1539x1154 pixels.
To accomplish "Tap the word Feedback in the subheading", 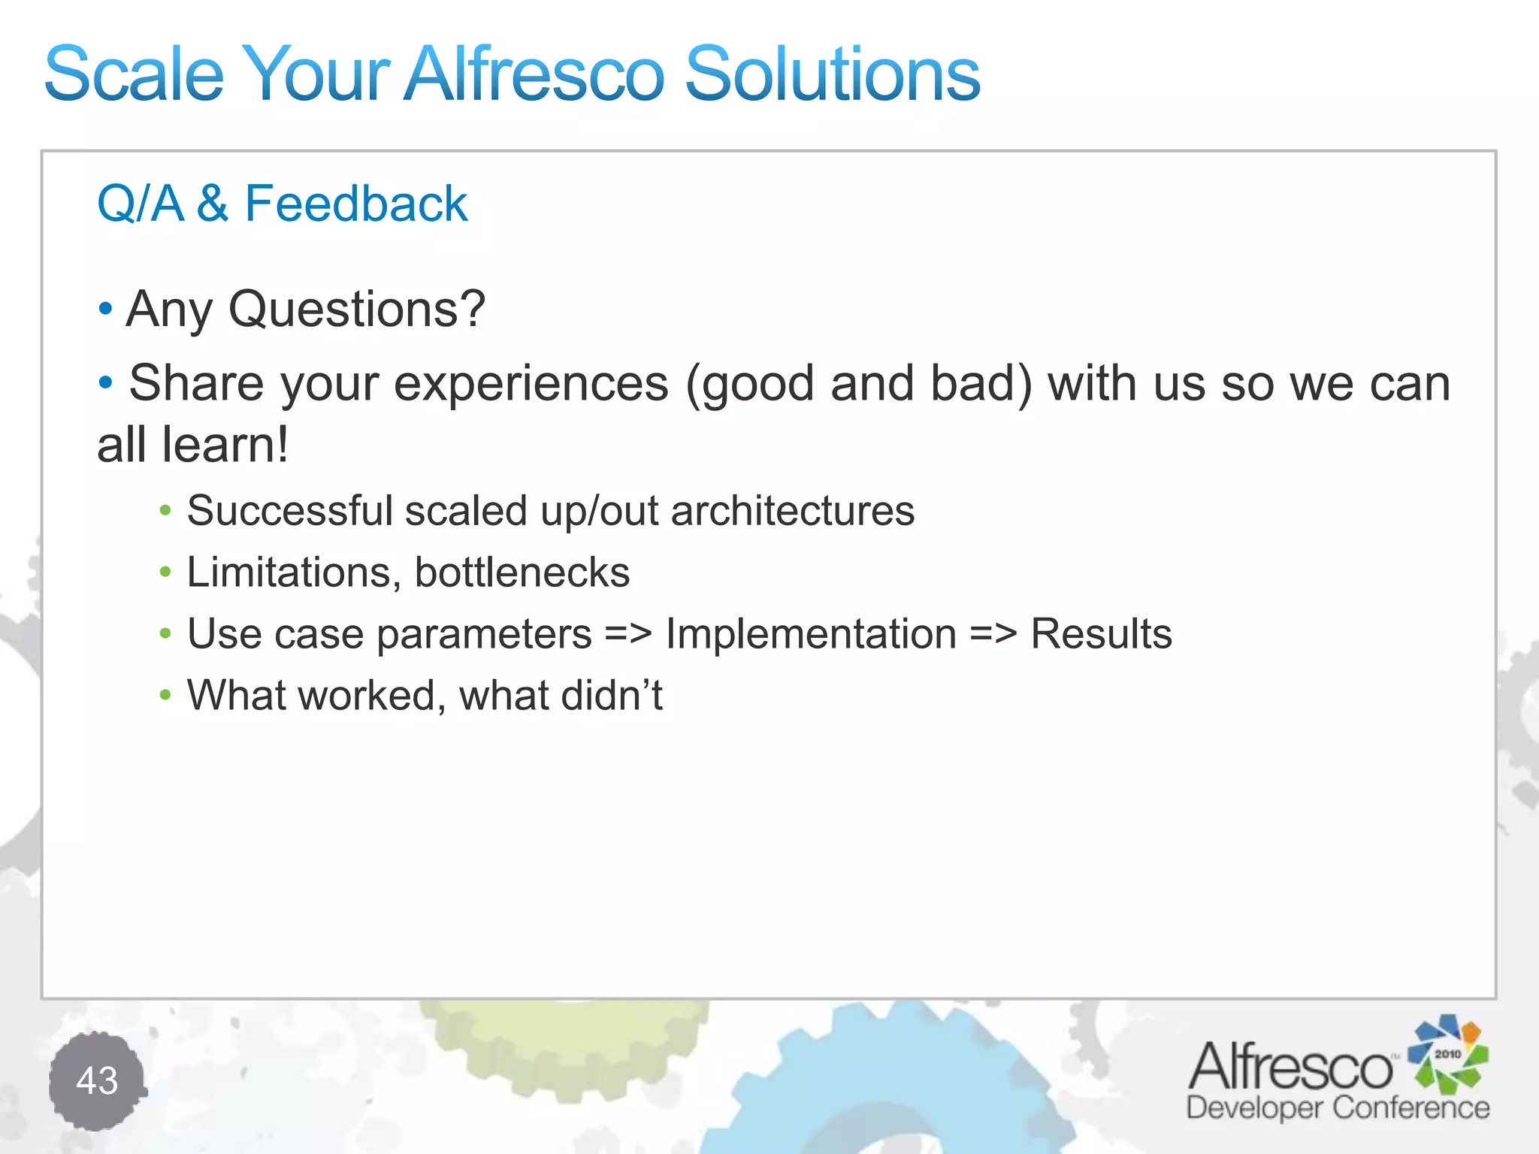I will point(355,204).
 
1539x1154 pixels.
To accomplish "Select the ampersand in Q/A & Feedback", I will point(213,204).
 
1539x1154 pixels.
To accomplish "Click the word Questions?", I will point(357,309).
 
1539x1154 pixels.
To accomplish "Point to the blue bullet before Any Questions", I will point(105,308).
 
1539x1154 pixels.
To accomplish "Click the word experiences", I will point(531,384).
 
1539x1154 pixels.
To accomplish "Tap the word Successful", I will point(289,511).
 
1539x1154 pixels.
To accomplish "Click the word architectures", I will point(792,511).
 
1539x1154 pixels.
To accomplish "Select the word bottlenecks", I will point(522,572).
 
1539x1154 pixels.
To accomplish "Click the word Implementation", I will point(810,634).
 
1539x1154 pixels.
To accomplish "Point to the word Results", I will point(1100,634).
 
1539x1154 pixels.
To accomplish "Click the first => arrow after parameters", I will point(628,635).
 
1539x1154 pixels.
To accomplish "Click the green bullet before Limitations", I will point(165,573).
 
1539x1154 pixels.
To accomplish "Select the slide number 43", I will point(97,1080).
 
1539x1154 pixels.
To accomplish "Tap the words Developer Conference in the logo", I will point(1337,1107).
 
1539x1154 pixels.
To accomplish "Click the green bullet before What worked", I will point(165,696).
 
